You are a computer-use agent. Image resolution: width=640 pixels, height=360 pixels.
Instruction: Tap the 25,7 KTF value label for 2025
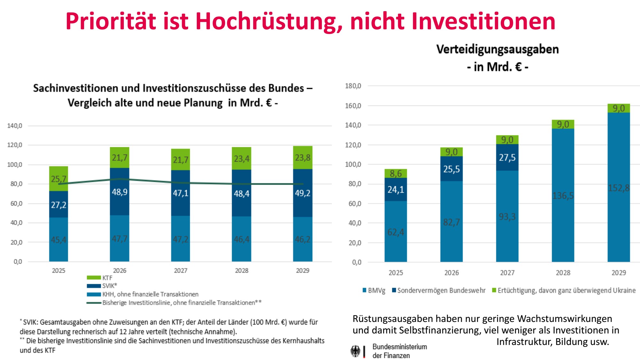point(59,179)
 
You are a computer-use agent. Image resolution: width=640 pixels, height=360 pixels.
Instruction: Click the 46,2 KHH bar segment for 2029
point(302,239)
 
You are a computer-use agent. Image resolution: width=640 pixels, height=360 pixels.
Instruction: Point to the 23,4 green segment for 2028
point(242,159)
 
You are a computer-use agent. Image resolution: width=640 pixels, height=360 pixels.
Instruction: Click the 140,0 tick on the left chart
point(15,126)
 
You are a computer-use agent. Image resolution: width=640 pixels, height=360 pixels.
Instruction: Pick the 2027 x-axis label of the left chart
point(180,271)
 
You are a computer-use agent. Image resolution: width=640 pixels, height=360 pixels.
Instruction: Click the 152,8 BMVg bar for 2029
point(619,188)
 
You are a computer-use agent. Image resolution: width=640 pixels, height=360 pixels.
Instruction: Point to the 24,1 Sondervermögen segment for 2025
point(396,190)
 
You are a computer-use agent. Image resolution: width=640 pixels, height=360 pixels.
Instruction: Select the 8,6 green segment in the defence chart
point(396,173)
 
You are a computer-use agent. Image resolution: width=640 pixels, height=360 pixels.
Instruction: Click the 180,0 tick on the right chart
point(353,86)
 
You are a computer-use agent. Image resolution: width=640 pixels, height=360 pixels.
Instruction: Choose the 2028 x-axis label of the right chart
point(563,273)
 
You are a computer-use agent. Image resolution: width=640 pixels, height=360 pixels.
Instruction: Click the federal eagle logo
point(355,351)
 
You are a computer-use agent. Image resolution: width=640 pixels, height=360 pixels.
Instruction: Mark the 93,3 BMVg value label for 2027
point(507,217)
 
